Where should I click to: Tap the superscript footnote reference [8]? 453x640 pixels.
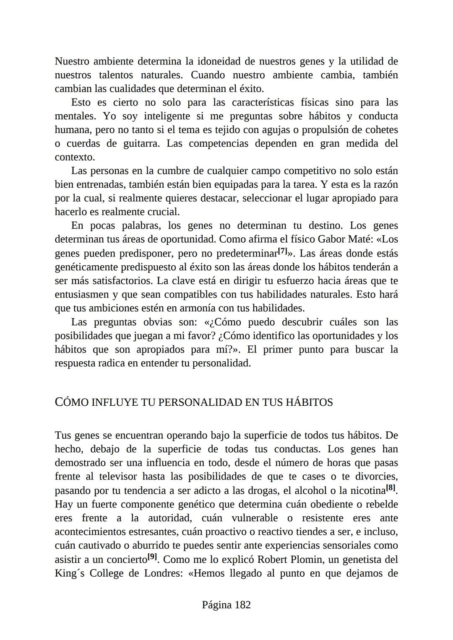(x=391, y=488)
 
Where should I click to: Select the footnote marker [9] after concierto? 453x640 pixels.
(x=152, y=557)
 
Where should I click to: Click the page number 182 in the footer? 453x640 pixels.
(x=243, y=605)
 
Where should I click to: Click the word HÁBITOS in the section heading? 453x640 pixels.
(x=309, y=402)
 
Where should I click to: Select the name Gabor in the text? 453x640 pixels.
(x=333, y=239)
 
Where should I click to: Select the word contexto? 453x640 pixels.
(x=74, y=157)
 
